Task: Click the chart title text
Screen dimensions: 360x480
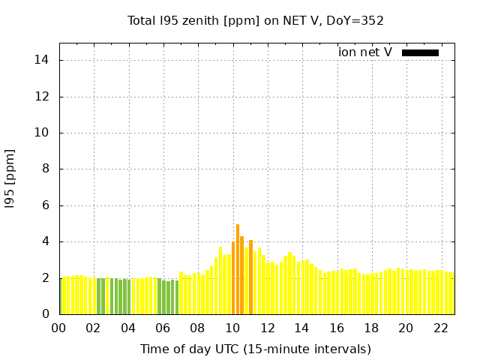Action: pos(256,20)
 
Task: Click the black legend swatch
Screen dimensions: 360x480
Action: pos(420,52)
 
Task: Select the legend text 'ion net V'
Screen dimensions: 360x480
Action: pos(365,52)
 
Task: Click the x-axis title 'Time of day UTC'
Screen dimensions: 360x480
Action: pos(255,349)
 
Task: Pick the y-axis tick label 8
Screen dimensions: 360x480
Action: pos(45,169)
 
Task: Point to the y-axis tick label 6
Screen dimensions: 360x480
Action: pos(45,205)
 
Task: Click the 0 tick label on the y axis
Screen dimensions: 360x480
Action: pos(45,314)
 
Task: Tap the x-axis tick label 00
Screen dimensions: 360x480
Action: pos(58,328)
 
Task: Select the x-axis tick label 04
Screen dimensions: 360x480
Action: pos(128,328)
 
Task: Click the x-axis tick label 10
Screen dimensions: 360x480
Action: pos(232,328)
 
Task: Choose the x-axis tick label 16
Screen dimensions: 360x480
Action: pos(337,328)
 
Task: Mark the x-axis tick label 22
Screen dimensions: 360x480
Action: pos(441,328)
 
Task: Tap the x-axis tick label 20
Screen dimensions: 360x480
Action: pos(406,328)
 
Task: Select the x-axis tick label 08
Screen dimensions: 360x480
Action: pos(197,328)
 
